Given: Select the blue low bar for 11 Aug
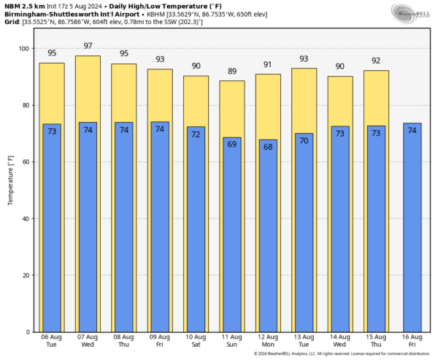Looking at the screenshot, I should pos(231,234).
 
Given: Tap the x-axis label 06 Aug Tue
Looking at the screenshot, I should pos(52,341).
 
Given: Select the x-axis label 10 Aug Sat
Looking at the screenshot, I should pos(196,341).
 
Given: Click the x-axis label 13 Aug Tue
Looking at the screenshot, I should pos(304,341).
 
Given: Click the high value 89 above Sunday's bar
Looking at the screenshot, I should pos(231,72).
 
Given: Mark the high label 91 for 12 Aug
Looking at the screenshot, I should pos(267,65).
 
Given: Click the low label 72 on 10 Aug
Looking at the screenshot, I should pos(196,135).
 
